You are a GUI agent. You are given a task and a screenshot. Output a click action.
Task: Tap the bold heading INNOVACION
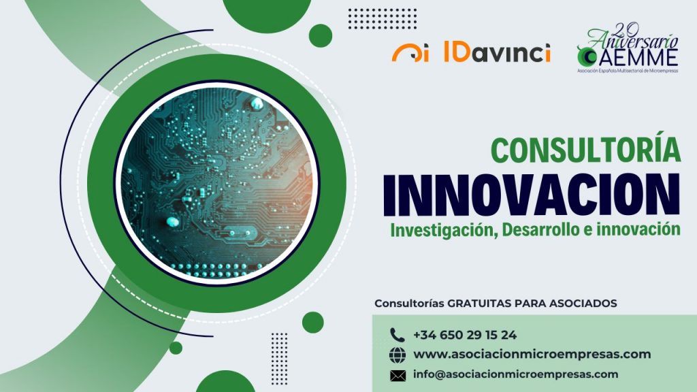532,195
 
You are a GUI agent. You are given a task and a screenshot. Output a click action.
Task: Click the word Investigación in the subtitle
444,231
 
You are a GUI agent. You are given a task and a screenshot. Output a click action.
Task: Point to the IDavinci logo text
497,52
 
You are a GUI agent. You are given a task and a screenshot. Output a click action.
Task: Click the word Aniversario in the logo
633,40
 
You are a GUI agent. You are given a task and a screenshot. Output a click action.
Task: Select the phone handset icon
397,335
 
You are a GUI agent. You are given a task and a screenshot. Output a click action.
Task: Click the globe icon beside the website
398,355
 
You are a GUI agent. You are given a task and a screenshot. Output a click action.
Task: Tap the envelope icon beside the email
398,376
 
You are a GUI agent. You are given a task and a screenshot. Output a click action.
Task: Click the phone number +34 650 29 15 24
464,335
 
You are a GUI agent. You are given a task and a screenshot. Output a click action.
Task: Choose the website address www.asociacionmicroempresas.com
532,354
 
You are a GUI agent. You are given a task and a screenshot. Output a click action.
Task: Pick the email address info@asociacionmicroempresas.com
516,374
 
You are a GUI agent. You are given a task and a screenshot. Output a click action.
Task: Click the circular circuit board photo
217,182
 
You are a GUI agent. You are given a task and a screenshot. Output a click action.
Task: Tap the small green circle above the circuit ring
321,35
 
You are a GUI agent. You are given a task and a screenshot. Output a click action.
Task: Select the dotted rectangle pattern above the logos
383,18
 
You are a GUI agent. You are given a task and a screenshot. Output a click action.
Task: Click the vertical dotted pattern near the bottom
280,358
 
